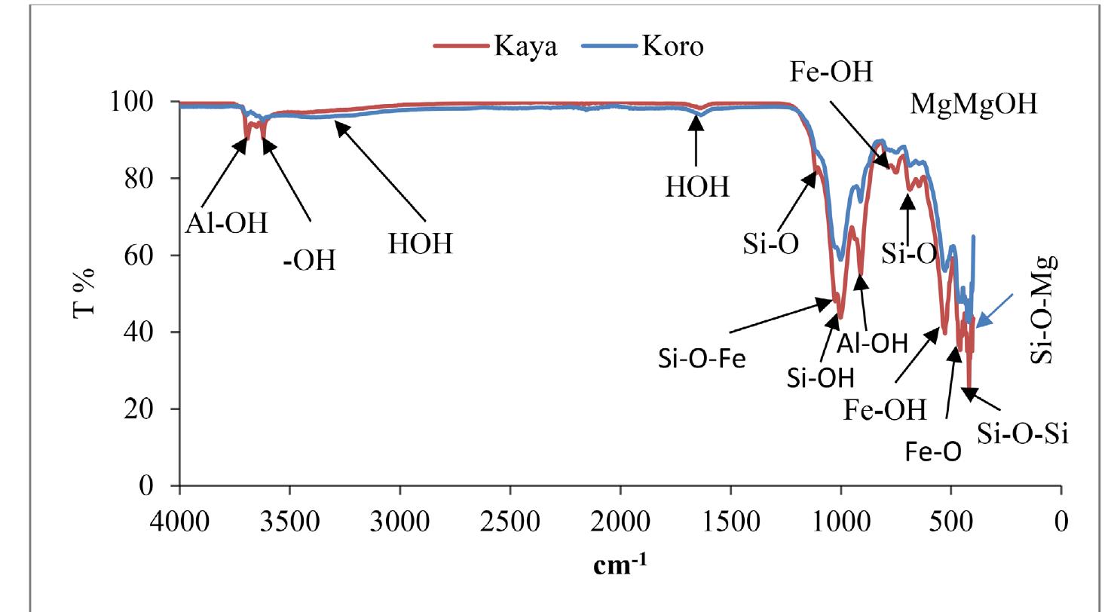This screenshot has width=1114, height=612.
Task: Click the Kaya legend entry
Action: (x=525, y=47)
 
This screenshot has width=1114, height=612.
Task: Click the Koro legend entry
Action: (x=672, y=47)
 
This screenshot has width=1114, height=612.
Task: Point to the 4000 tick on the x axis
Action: (x=179, y=522)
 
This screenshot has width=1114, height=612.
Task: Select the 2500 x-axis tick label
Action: (x=510, y=522)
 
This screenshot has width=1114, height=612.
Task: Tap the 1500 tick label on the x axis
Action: (x=730, y=522)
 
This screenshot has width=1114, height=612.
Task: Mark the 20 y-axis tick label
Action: (x=142, y=409)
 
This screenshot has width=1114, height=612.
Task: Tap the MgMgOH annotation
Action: (x=973, y=104)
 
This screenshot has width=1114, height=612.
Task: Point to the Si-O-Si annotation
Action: (x=1023, y=434)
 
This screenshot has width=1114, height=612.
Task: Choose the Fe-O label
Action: (x=933, y=452)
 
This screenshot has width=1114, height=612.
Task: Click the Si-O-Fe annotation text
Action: (x=701, y=359)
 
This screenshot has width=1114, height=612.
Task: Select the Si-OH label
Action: (x=820, y=377)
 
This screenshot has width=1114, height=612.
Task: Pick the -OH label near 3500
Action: (x=309, y=260)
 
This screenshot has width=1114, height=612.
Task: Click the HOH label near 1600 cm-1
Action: (x=697, y=186)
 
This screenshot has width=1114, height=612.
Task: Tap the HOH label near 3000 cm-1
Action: (x=421, y=243)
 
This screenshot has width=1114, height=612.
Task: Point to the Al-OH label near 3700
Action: (x=226, y=223)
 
